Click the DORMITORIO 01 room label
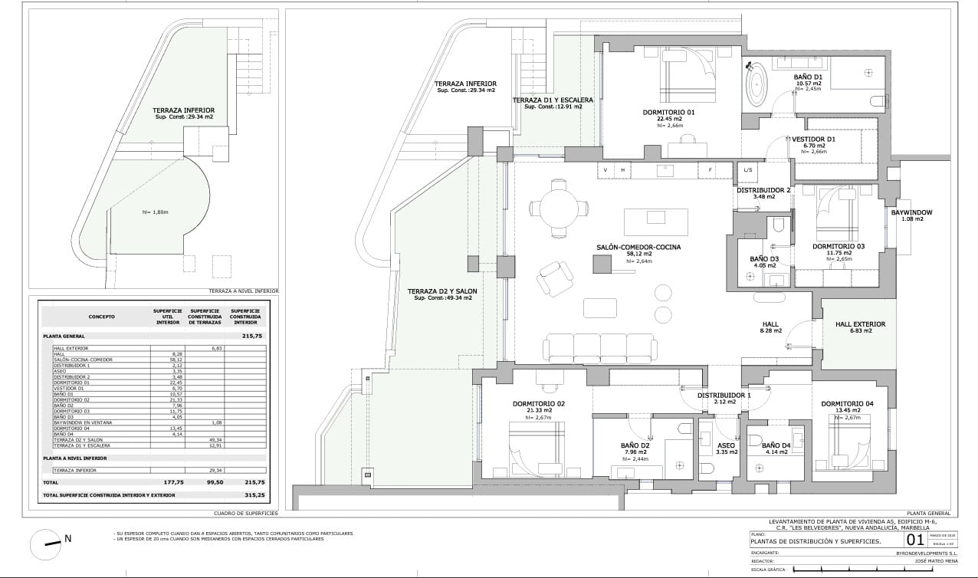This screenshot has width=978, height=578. coord(668,113)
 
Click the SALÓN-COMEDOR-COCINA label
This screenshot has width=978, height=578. coord(638,248)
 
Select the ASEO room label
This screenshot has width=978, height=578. coord(726,445)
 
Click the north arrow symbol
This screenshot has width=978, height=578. coord(47,544)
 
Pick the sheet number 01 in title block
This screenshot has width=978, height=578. coord(915,540)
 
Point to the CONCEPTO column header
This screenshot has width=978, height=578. coord(101,315)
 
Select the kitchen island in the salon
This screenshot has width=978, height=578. coord(655,222)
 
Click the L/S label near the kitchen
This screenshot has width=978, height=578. coord(748,169)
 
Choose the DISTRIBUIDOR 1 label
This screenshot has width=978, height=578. coord(722,396)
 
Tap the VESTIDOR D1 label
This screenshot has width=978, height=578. coord(813,140)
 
